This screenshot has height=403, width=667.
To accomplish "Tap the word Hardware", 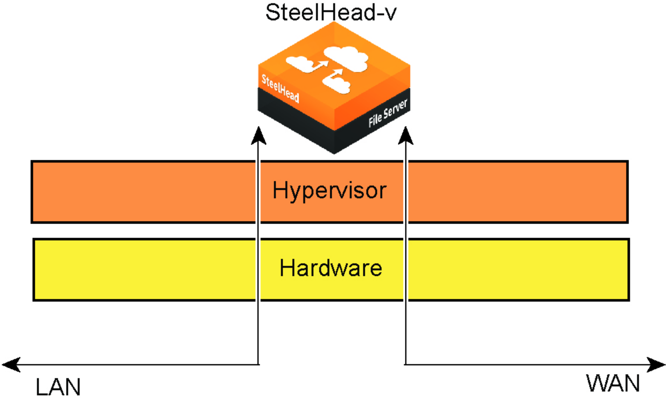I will point(331,268).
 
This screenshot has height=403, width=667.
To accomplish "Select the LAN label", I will point(58,387).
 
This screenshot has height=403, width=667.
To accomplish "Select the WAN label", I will point(613,384).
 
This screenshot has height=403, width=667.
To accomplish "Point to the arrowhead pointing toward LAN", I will point(10,364).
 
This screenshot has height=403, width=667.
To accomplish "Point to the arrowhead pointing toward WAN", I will point(657,364).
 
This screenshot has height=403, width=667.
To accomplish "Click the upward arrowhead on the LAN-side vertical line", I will point(258,136).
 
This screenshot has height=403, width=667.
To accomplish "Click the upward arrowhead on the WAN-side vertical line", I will point(405,136).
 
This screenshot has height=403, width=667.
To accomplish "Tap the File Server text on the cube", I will point(388,113).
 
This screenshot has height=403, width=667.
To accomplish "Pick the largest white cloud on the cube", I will point(347,58).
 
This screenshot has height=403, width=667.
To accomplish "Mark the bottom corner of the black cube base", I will point(334,153).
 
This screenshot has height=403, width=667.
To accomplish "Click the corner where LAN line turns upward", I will point(258,364).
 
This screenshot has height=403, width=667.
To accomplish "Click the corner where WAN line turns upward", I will point(405,364).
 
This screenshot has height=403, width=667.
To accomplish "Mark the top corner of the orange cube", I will point(334,22).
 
